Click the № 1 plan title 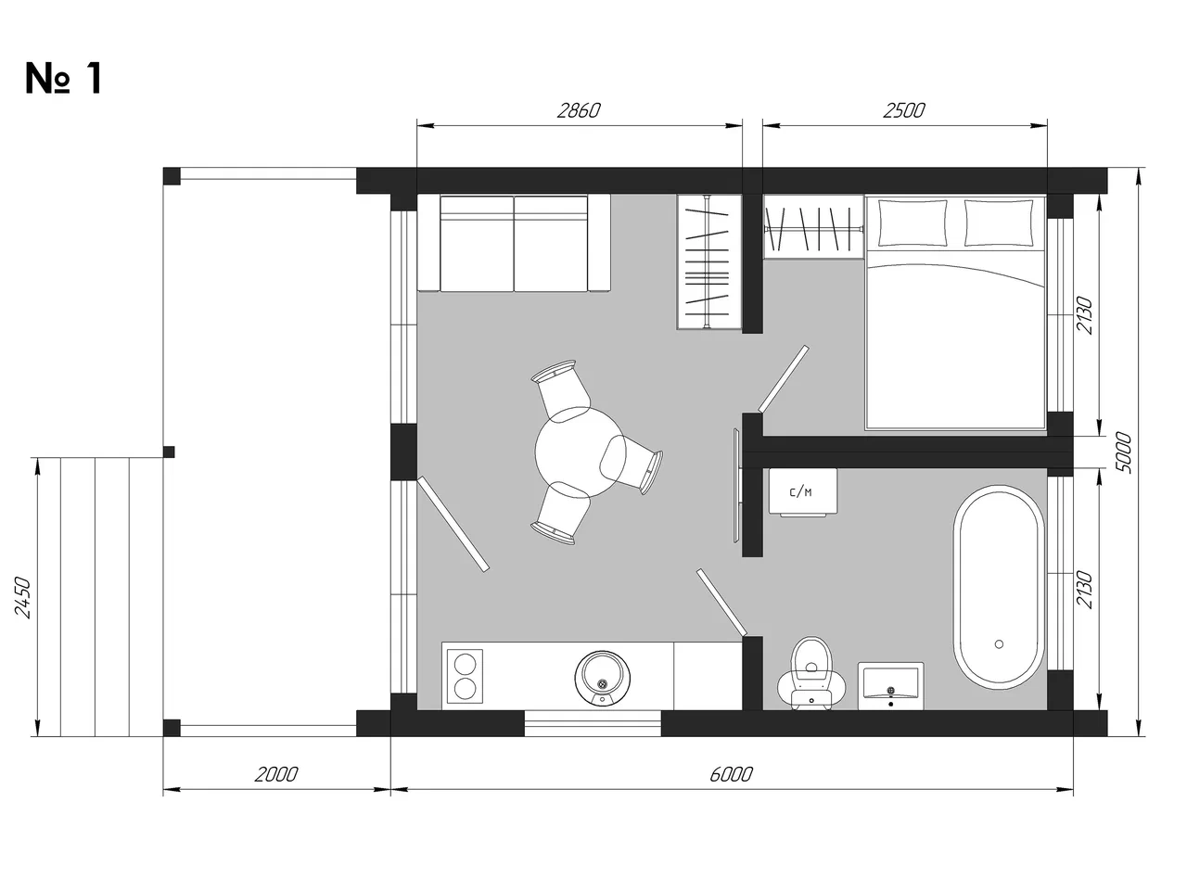pyautogui.click(x=63, y=79)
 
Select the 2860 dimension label pyautogui.click(x=579, y=111)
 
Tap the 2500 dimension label pyautogui.click(x=903, y=111)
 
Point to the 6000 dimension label pyautogui.click(x=731, y=774)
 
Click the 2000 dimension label pyautogui.click(x=275, y=774)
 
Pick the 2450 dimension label pyautogui.click(x=23, y=597)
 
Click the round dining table pyautogui.click(x=581, y=452)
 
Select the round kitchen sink pyautogui.click(x=603, y=678)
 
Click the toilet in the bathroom pyautogui.click(x=810, y=674)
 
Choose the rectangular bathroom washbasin pyautogui.click(x=890, y=686)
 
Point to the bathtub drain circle pyautogui.click(x=999, y=644)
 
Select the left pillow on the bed pyautogui.click(x=913, y=223)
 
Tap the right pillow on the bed pyautogui.click(x=999, y=223)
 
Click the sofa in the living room pyautogui.click(x=514, y=244)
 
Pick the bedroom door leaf pyautogui.click(x=784, y=379)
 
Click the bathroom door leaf pyautogui.click(x=721, y=603)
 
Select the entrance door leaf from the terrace pyautogui.click(x=453, y=524)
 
